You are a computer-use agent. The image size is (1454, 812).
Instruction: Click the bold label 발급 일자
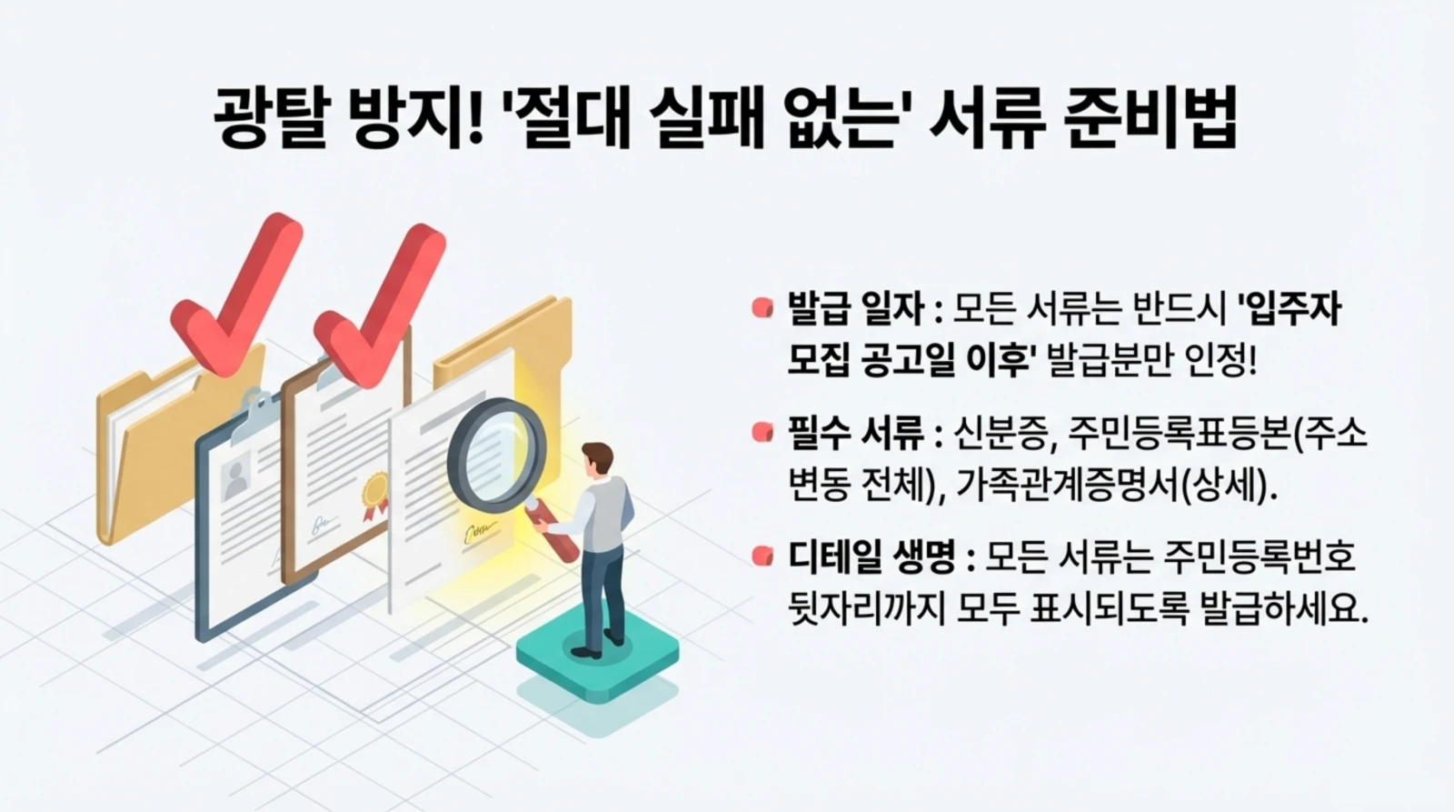(855, 311)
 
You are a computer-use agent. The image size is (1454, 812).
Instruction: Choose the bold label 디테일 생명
(871, 556)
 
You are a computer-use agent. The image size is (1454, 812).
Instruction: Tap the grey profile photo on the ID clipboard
(237, 475)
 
